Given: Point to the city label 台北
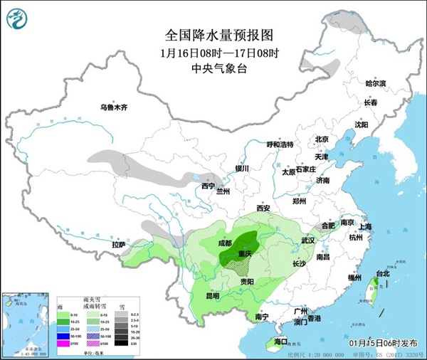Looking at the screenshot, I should [383, 273].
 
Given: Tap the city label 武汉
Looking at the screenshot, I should [307, 241].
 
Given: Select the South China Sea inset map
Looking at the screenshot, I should [27, 320].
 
